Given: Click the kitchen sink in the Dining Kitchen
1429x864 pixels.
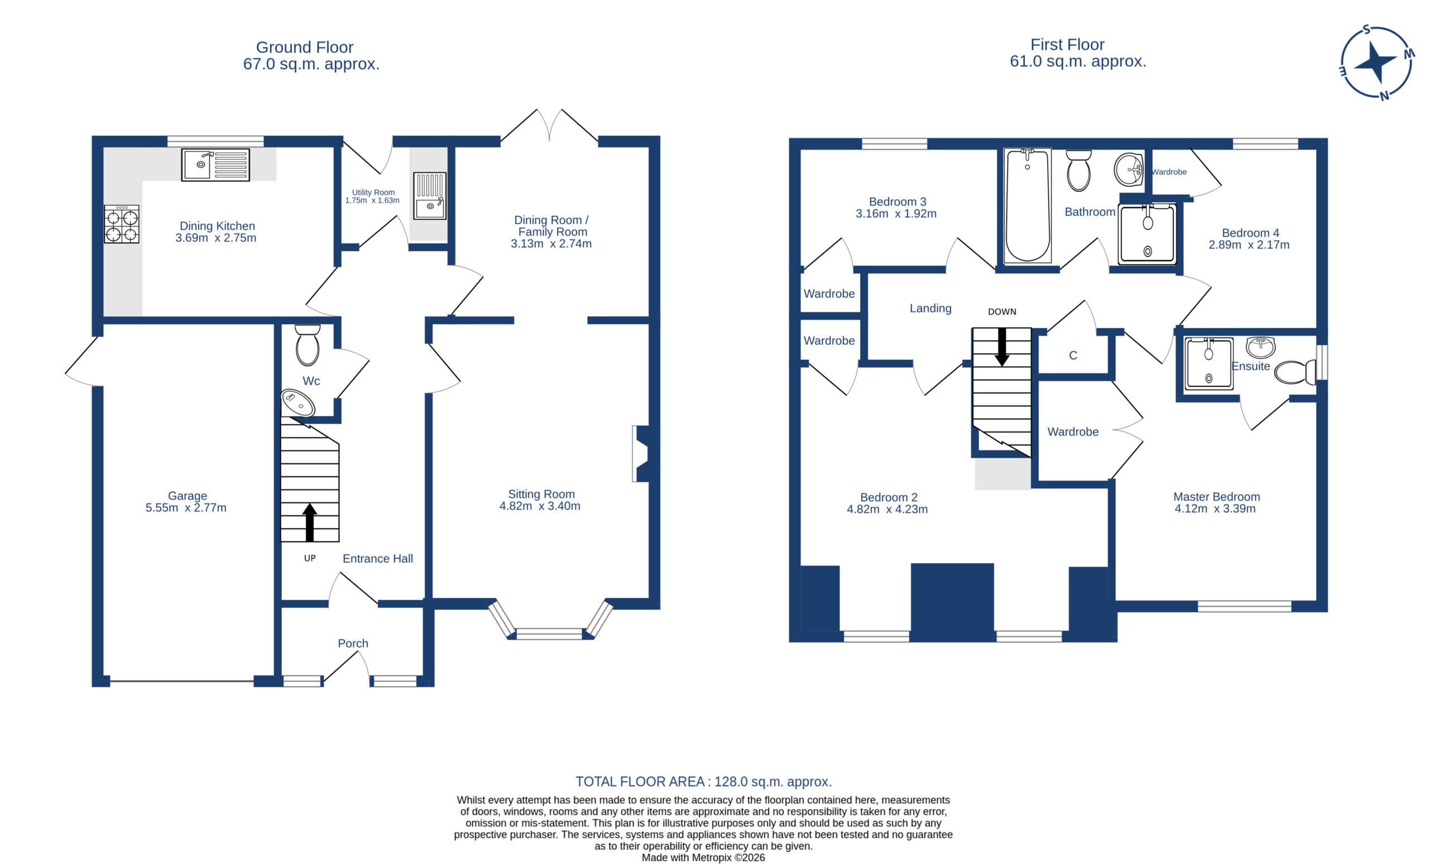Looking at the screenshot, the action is click(x=215, y=165).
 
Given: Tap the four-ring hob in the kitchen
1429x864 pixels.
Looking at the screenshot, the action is click(x=122, y=224).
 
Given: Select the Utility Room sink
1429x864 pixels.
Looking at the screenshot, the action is click(x=430, y=195).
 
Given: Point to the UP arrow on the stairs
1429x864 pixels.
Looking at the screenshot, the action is click(x=310, y=522).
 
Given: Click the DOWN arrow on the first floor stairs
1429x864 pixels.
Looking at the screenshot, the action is click(x=1001, y=347).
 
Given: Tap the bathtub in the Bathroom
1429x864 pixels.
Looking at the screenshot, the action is click(x=1027, y=206).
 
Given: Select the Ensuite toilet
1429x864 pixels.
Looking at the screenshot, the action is click(x=1295, y=372).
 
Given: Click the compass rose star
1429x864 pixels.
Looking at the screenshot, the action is click(x=1375, y=63).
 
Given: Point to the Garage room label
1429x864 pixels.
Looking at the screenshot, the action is click(x=188, y=496).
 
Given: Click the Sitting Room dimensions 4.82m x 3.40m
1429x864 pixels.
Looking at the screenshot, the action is click(x=540, y=506).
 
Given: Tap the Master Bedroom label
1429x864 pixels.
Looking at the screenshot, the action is click(x=1217, y=497).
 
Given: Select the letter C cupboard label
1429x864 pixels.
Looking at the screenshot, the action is click(x=1073, y=356).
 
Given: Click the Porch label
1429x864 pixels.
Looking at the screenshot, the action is click(x=353, y=643).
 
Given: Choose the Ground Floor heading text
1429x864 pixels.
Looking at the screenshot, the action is click(x=304, y=47).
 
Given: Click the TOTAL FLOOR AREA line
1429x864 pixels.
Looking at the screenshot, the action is click(x=703, y=781).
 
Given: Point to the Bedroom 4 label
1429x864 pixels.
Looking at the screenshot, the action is click(x=1250, y=233).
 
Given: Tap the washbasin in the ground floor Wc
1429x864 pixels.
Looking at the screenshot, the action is click(x=298, y=403).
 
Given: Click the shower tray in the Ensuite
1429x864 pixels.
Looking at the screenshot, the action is click(x=1209, y=363).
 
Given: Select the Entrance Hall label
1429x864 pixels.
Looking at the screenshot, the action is click(x=377, y=558).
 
